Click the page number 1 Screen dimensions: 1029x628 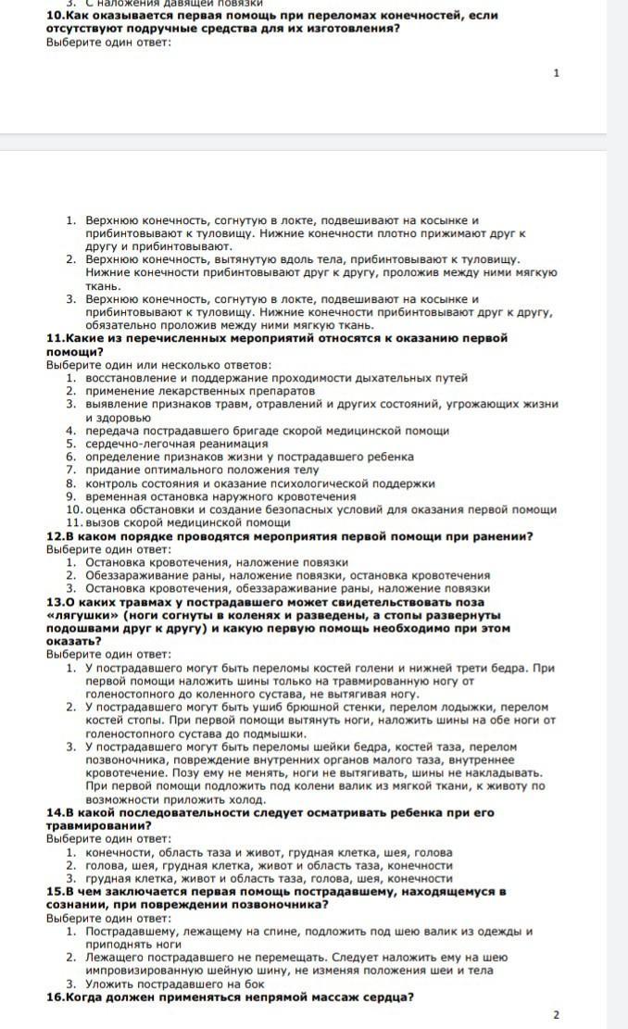pos(556,72)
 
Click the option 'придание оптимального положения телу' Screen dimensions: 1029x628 pos(201,470)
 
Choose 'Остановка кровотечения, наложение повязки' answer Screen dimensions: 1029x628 pos(216,562)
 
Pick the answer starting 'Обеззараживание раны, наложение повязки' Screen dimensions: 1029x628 pos(287,575)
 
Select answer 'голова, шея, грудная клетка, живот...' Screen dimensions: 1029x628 pos(269,865)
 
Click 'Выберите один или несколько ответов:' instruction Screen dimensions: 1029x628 pos(158,365)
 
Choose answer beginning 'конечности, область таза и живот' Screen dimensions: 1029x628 pos(269,852)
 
